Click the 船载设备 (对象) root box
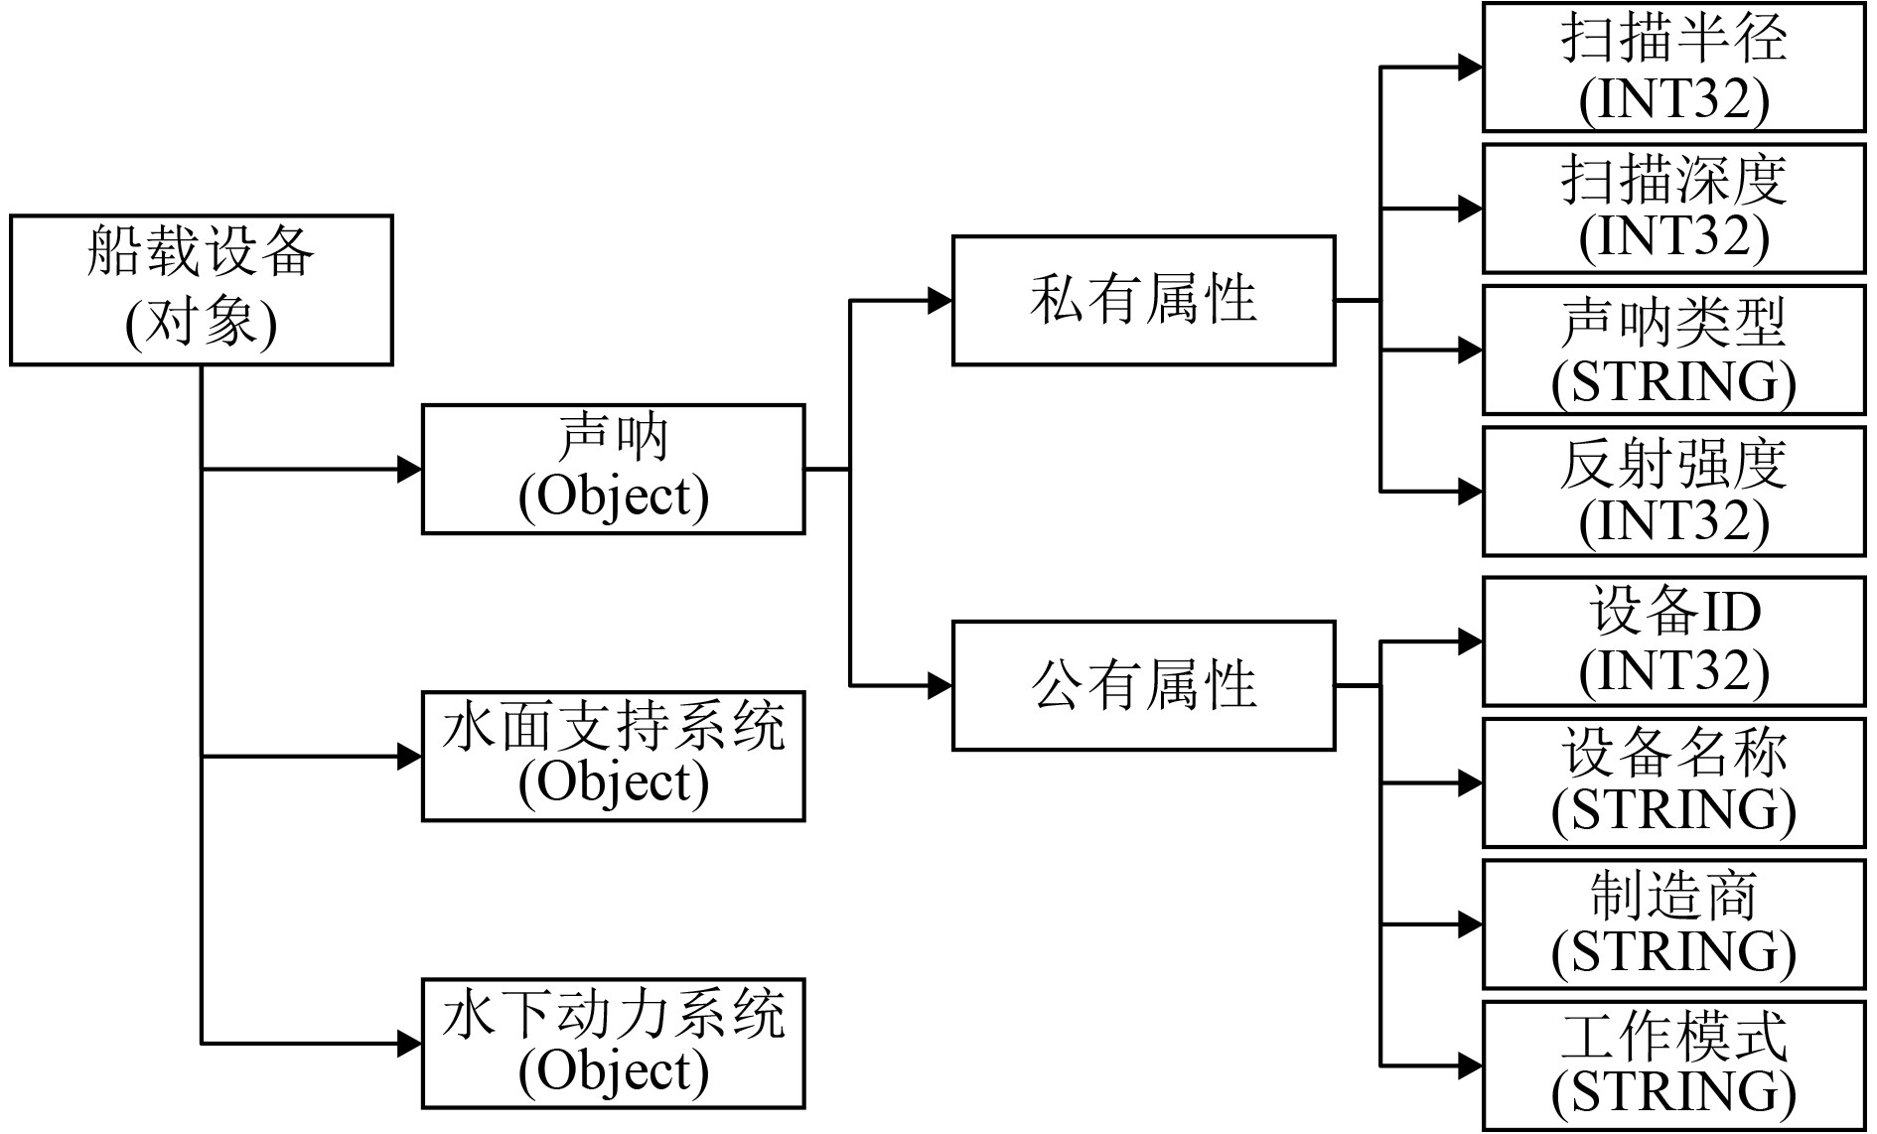point(201,290)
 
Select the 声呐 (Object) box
point(613,469)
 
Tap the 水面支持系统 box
point(613,757)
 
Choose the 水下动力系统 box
point(613,1044)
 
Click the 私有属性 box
point(1143,300)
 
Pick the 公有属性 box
point(1143,685)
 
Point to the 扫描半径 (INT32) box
point(1673,68)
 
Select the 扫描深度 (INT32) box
point(1673,209)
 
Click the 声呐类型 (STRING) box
point(1673,350)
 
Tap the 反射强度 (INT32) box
point(1673,492)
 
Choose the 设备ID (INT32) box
point(1673,641)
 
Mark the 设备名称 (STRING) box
point(1673,783)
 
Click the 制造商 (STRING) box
point(1673,924)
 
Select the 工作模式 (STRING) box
point(1673,1066)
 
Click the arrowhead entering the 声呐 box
point(410,469)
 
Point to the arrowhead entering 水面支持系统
point(410,757)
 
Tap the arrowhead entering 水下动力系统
point(410,1044)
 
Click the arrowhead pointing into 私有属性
point(940,300)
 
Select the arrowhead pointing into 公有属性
point(940,685)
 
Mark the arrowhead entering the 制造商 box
point(1471,924)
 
